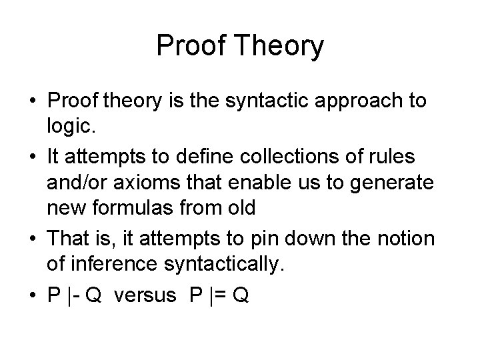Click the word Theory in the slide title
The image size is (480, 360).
pos(281,47)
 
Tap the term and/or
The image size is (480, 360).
pos(76,183)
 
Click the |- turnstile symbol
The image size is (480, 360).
pos(73,295)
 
